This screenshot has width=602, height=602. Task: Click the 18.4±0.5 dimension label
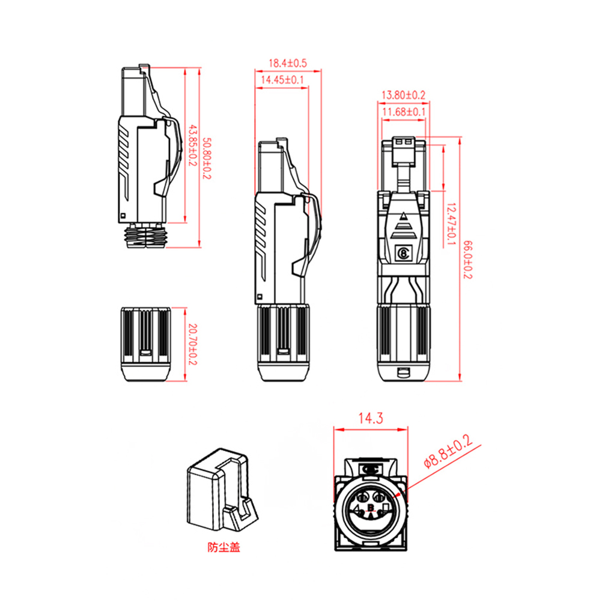pos(288,63)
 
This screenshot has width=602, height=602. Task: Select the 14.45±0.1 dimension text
pos(282,80)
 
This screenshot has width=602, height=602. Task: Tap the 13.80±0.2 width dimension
pos(403,95)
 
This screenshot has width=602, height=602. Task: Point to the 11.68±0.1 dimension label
pos(404,112)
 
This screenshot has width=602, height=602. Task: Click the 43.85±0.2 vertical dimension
pos(192,145)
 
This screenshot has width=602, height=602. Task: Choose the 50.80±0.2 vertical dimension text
pos(207,158)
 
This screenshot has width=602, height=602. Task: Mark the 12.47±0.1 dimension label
pos(452,224)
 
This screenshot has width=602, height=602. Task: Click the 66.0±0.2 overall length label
pos(468,260)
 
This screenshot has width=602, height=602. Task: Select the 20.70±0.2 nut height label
pos(192,344)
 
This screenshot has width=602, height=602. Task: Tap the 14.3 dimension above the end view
pos(371,418)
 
